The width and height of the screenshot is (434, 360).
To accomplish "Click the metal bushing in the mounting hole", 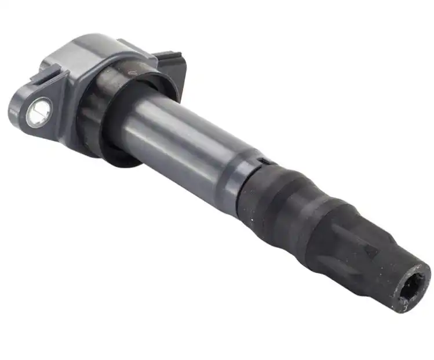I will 38,111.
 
